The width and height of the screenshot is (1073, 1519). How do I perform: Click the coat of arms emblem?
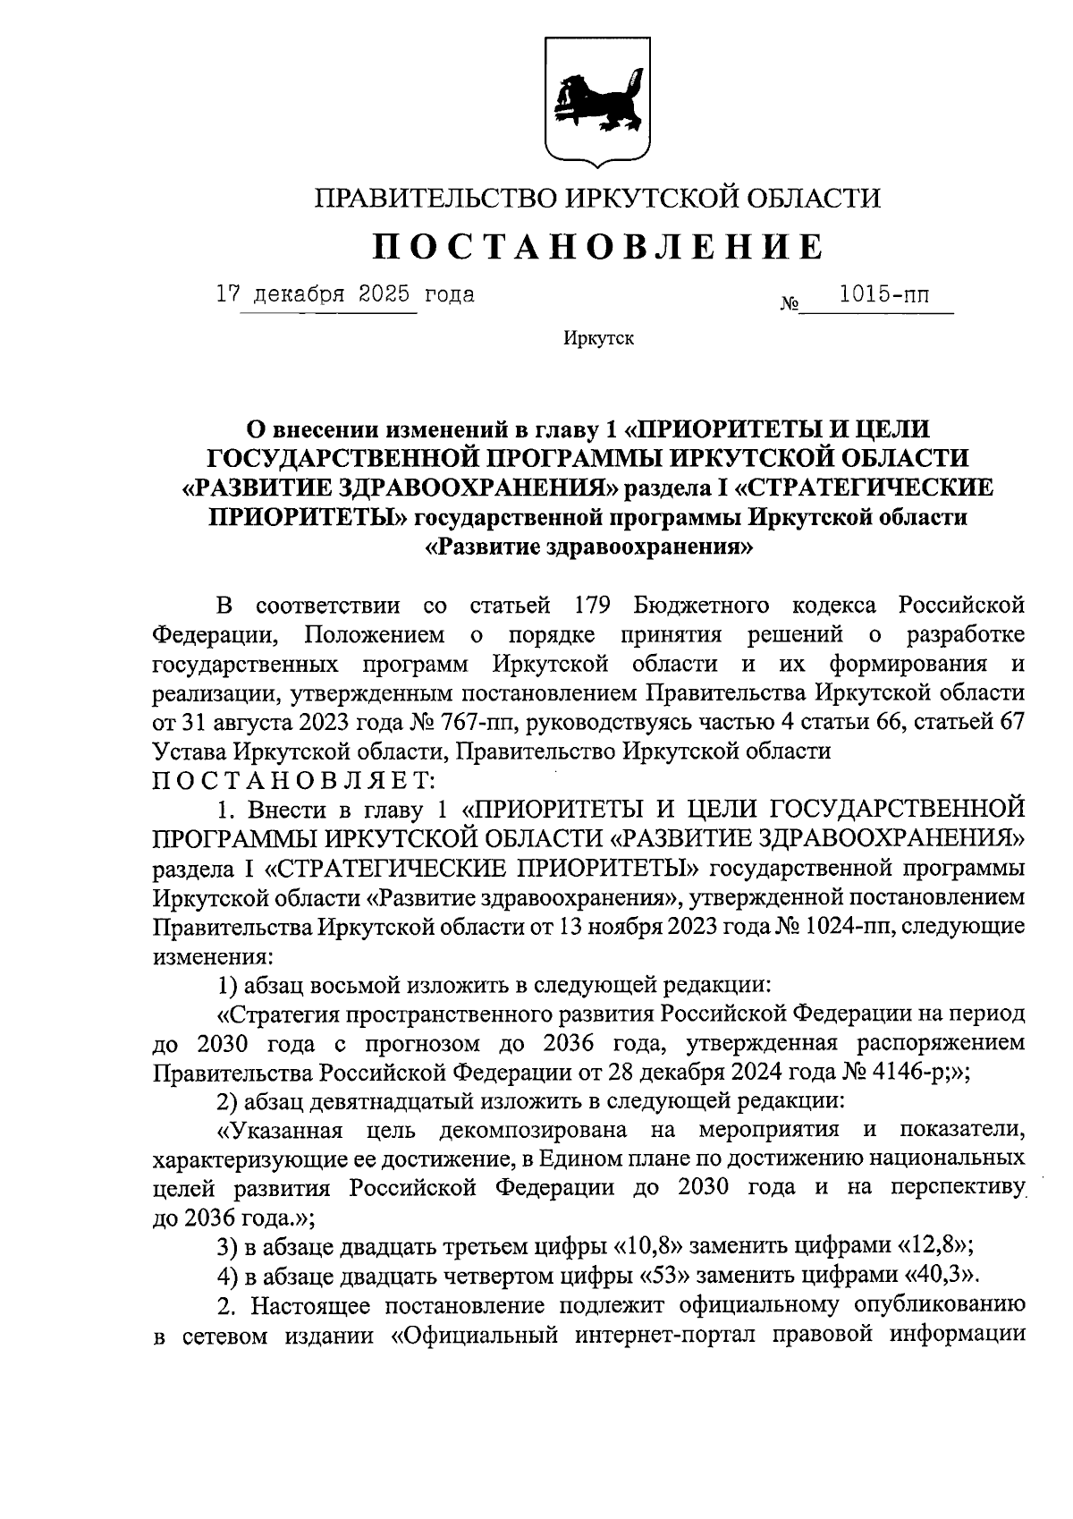click(597, 99)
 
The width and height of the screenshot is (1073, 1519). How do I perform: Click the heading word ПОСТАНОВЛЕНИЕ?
click(596, 246)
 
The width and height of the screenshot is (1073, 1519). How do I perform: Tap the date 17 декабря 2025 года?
click(345, 294)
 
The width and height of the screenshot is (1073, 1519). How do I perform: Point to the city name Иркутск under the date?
click(598, 339)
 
